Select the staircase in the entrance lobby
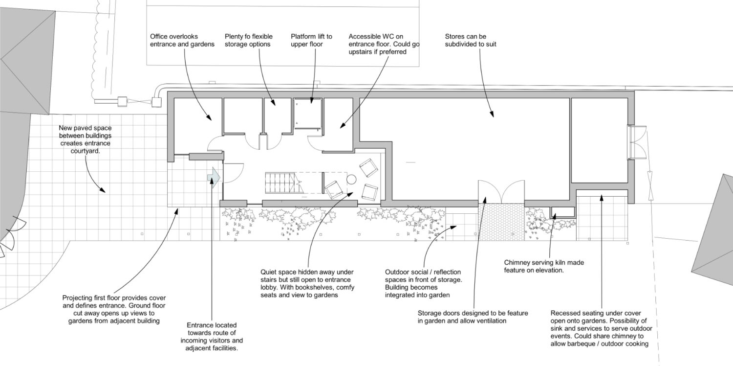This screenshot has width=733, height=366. click(x=282, y=183)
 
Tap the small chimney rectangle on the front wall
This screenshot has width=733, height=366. click(x=562, y=212)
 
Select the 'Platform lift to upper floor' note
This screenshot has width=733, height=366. click(x=311, y=41)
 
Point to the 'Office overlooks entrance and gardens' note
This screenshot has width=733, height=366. click(x=182, y=41)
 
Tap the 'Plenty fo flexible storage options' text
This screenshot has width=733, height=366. click(x=248, y=41)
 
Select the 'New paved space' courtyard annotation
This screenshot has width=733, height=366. click(x=85, y=139)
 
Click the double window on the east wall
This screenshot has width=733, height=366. click(x=637, y=142)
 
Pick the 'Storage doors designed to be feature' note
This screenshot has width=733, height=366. click(x=473, y=317)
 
